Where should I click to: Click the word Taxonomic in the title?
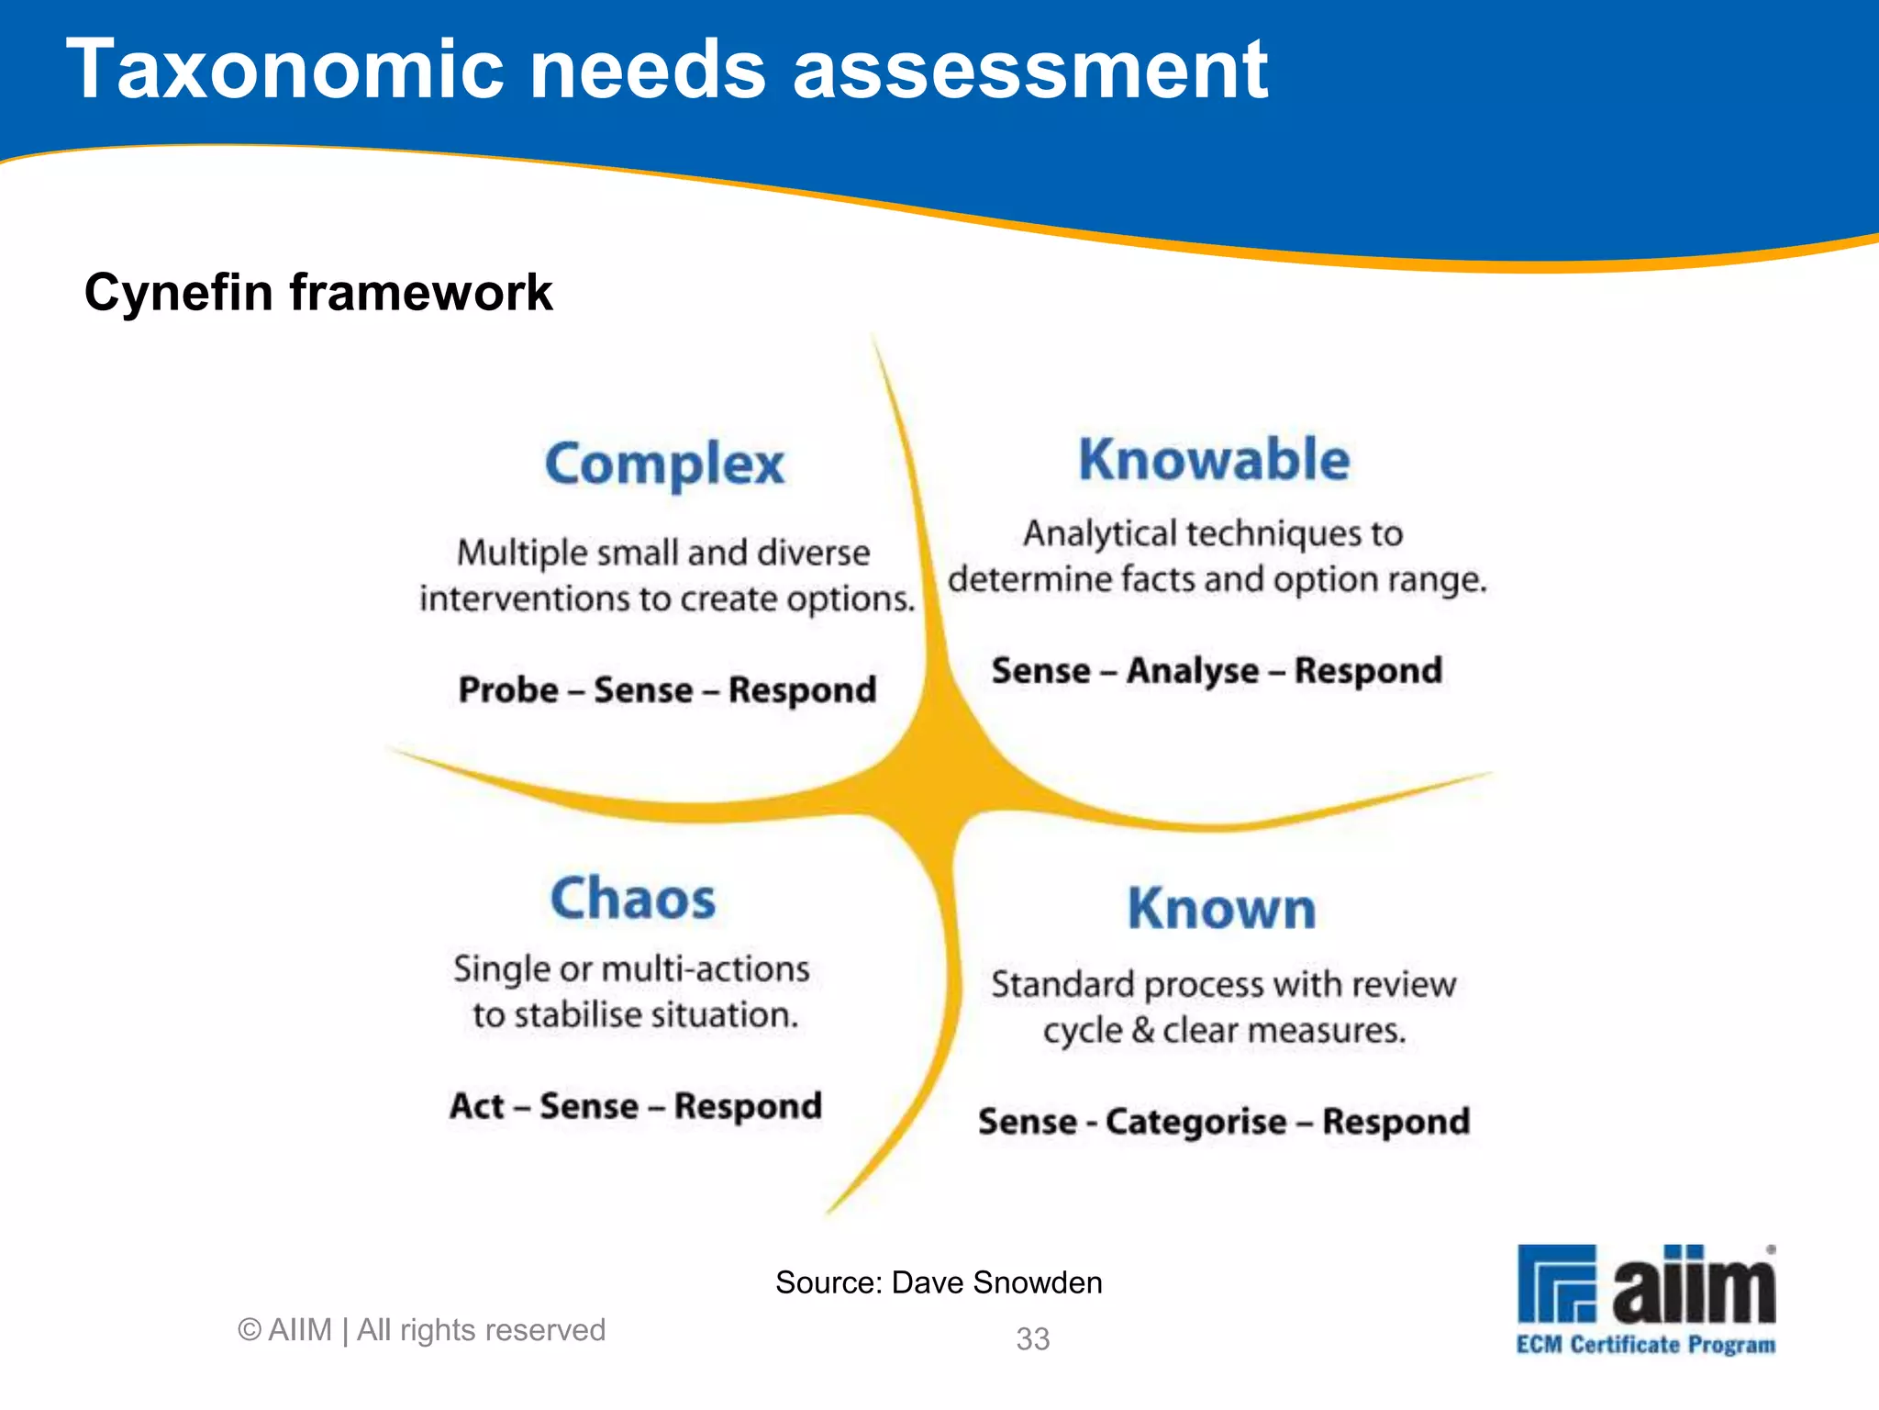point(285,71)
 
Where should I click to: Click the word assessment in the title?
point(1029,71)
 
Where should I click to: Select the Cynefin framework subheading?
point(318,293)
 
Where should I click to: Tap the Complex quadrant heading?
point(664,464)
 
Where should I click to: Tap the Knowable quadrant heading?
point(1214,460)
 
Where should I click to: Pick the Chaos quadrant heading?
point(633,898)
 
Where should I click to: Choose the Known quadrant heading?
point(1221,909)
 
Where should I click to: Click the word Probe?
point(508,689)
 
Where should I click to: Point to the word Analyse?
point(1192,671)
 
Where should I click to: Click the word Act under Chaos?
point(477,1105)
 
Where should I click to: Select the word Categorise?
point(1195,1122)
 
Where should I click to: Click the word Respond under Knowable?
point(1368,671)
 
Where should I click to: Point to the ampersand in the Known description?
point(1142,1030)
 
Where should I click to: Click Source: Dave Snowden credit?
point(939,1282)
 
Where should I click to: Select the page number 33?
point(1032,1339)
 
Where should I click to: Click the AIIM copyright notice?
point(421,1330)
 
